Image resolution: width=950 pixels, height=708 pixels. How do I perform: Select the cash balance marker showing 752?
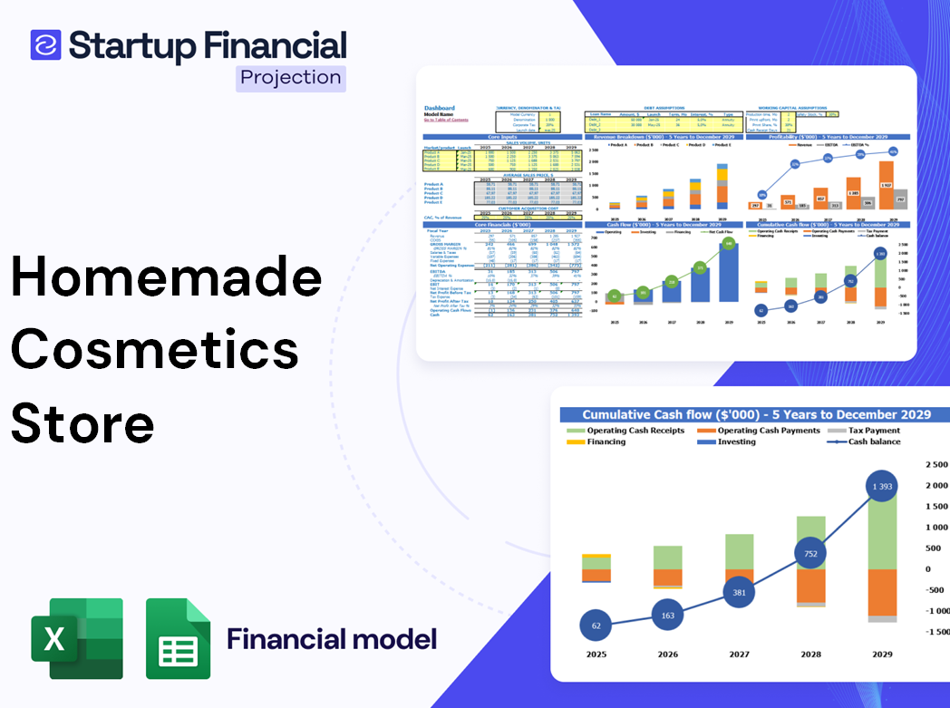pyautogui.click(x=811, y=554)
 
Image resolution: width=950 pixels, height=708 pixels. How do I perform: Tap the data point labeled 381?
pyautogui.click(x=739, y=592)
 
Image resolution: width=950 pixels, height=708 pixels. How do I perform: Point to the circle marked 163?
pyautogui.click(x=667, y=616)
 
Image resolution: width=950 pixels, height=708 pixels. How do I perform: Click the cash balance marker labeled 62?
pyautogui.click(x=596, y=626)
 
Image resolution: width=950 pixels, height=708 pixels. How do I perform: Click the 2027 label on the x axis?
pyautogui.click(x=739, y=655)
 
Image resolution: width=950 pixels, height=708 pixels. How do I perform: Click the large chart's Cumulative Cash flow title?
pyautogui.click(x=756, y=414)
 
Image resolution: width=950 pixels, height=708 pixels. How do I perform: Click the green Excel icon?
pyautogui.click(x=77, y=638)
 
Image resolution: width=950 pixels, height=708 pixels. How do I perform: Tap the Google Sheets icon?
pyautogui.click(x=179, y=638)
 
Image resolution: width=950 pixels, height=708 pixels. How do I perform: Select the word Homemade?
pyautogui.click(x=167, y=278)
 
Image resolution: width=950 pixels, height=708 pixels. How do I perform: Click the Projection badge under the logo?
pyautogui.click(x=291, y=78)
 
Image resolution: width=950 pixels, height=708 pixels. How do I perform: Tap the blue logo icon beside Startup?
pyautogui.click(x=45, y=44)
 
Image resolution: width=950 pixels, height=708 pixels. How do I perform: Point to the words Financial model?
pyautogui.click(x=331, y=639)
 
